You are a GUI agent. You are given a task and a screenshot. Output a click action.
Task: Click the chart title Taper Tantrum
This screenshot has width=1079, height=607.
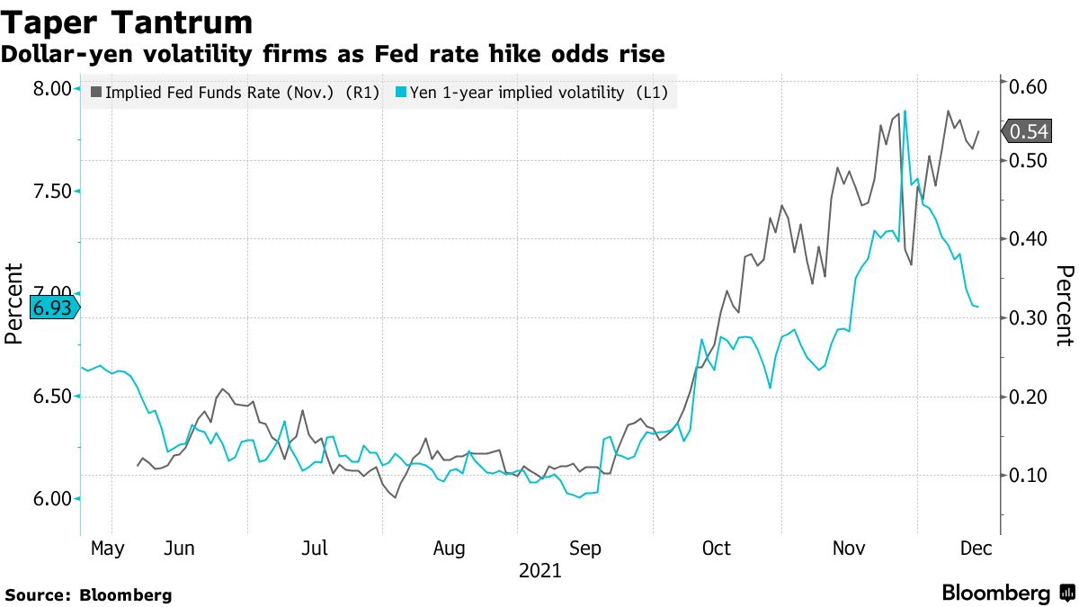pos(127,21)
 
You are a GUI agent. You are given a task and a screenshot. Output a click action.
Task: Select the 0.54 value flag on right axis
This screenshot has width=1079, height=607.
pos(1028,132)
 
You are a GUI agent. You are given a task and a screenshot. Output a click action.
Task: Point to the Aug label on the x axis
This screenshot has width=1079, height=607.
pos(449,548)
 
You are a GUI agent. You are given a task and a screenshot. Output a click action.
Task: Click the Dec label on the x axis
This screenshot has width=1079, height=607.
pos(976,548)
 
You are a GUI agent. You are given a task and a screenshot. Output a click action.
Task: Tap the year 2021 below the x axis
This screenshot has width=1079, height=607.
pos(539,571)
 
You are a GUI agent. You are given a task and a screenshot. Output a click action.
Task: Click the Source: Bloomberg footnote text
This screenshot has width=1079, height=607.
pos(88,594)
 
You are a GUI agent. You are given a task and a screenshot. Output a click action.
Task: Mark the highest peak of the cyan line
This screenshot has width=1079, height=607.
pos(905,111)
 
